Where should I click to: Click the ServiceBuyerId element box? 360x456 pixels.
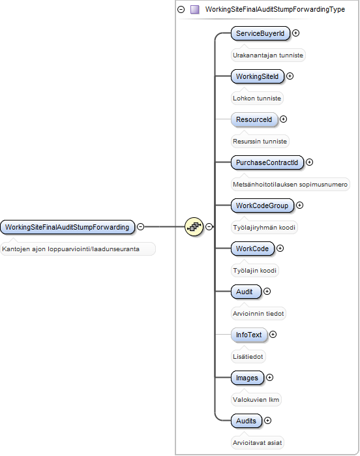(260, 33)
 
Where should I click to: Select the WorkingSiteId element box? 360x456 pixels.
(258, 76)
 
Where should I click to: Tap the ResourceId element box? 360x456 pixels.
(254, 119)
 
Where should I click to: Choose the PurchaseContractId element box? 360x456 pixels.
(267, 162)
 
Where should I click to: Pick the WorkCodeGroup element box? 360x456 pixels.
(262, 205)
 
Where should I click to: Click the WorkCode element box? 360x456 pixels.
(252, 249)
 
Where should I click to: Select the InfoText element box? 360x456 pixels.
(249, 335)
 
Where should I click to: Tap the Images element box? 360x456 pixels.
(247, 378)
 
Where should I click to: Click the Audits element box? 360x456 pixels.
(247, 421)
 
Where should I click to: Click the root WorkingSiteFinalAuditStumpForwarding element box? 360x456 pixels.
(67, 227)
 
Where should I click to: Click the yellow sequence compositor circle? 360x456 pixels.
(194, 226)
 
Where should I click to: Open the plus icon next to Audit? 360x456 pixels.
(267, 292)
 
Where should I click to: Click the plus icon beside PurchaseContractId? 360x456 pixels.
(309, 162)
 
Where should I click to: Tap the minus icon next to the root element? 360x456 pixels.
(140, 226)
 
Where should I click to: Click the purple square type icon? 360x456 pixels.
(195, 10)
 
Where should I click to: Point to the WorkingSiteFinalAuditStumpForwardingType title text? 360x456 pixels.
(275, 9)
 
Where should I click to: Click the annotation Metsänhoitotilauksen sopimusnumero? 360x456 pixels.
(290, 185)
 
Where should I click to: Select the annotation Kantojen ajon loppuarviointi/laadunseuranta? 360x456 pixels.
(70, 249)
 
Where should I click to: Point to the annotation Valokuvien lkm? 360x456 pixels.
(256, 400)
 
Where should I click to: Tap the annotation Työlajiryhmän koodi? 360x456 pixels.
(264, 228)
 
